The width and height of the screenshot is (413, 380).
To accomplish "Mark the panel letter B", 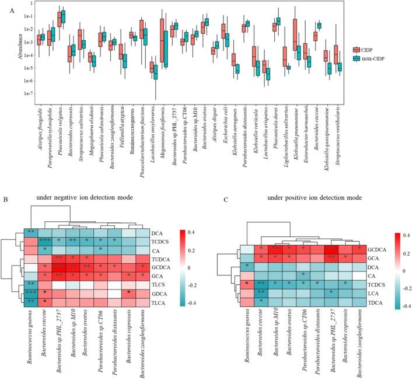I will coord(5,198).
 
